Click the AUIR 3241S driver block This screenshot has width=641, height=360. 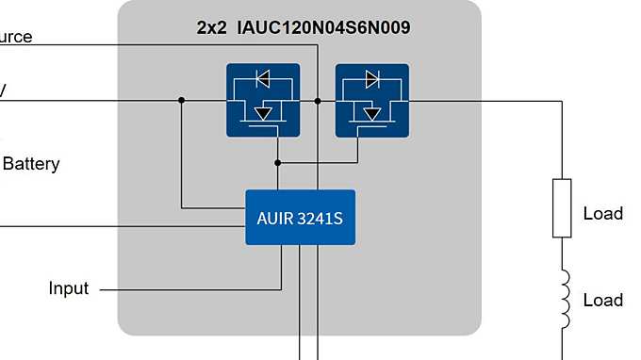coord(300,218)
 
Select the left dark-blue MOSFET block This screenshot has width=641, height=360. coord(263,100)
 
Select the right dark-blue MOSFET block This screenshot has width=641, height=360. coord(371,100)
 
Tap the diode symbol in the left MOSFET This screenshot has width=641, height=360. coord(264,78)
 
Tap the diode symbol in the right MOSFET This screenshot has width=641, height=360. coord(372,78)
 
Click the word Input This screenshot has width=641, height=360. coord(69,288)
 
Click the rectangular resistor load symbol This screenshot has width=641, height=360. coord(562,207)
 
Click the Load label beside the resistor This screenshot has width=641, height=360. coord(603,214)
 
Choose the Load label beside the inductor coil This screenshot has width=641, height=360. coord(603,301)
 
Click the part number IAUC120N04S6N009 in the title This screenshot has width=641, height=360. coord(324,27)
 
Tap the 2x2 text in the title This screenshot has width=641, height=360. coord(211,27)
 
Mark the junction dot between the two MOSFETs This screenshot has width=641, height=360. coord(320,100)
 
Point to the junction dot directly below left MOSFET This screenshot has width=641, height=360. coord(278,162)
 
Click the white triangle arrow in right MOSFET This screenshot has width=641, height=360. coord(373,113)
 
